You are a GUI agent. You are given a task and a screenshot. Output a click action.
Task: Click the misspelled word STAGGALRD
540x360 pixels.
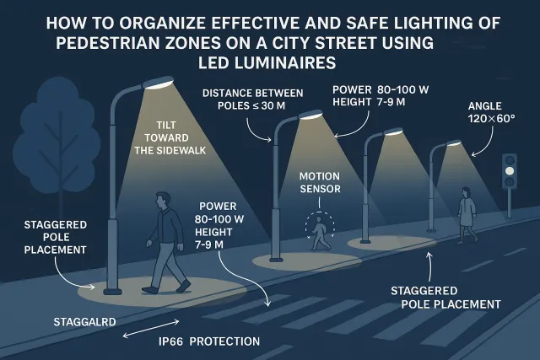[84, 322]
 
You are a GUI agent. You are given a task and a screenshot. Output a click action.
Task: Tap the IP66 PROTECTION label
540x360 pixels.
[209, 341]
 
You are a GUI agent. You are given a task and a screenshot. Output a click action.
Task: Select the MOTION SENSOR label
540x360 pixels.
[320, 182]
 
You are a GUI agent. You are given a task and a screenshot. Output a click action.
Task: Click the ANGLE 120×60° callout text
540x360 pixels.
[491, 112]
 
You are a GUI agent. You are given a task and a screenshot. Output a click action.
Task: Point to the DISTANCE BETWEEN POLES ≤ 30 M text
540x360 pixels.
[253, 99]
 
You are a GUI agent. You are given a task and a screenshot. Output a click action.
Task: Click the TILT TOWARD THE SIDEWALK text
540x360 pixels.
[170, 137]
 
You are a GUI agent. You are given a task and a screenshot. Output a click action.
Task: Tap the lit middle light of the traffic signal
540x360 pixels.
[510, 170]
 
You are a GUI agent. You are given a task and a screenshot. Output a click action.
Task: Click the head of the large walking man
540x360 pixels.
[163, 201]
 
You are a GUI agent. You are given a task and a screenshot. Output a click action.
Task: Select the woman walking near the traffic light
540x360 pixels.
[467, 216]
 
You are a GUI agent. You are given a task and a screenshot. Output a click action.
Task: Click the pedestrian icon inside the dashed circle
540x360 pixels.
[319, 233]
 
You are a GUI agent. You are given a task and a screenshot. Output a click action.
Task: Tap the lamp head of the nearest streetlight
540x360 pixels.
[158, 83]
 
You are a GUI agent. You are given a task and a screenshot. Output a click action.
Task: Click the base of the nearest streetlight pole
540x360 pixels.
[112, 292]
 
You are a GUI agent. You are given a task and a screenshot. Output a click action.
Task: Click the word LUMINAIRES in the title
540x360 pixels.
[267, 63]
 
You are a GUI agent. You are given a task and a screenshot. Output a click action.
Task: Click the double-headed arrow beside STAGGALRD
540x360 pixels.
[151, 328]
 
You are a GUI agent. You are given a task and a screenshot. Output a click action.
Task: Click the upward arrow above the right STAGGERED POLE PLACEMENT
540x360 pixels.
[429, 267]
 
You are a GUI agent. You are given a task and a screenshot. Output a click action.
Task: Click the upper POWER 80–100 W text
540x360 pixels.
[381, 90]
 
